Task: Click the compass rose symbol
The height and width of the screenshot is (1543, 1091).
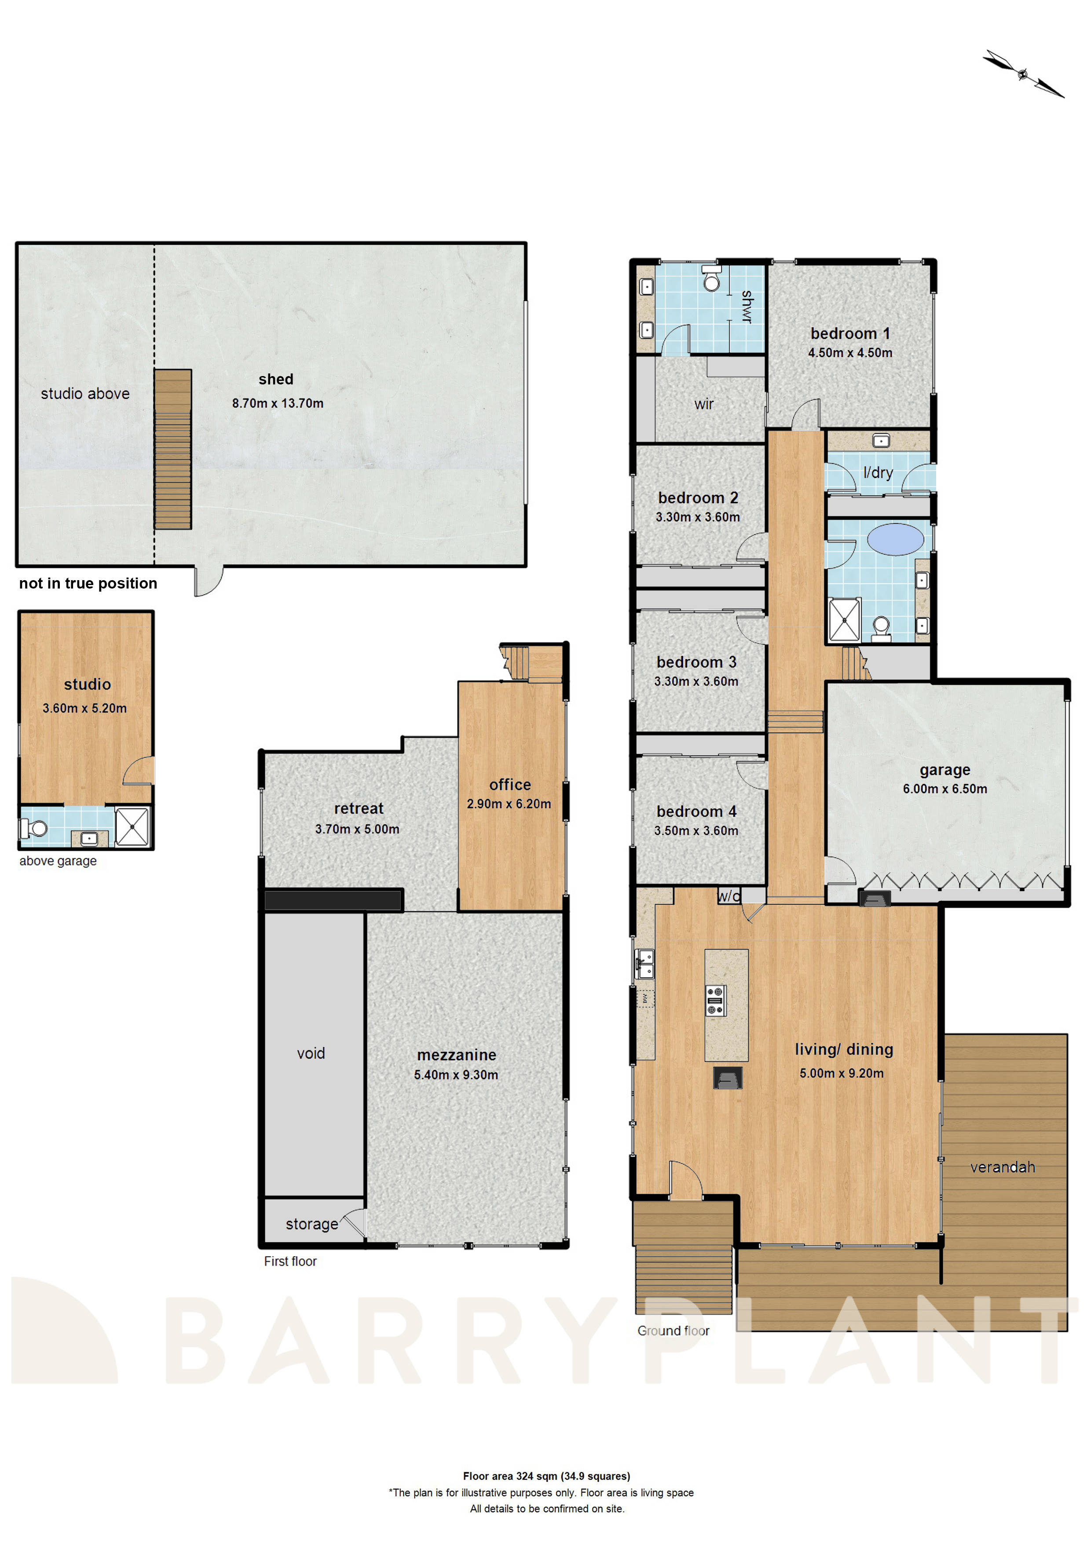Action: pos(1022,74)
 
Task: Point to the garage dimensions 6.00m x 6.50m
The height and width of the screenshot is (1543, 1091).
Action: pos(945,789)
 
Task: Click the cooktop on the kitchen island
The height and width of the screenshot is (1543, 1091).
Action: pos(715,1000)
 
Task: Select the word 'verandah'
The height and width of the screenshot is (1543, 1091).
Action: pos(1002,1167)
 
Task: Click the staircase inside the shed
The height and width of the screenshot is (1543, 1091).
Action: pos(173,449)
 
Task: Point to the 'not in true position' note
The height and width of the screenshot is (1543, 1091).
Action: pos(88,583)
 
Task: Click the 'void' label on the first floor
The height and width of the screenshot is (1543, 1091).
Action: pos(311,1053)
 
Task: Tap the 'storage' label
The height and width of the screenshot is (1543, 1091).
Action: pos(312,1224)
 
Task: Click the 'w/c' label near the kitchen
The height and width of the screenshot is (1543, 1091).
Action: pos(729,896)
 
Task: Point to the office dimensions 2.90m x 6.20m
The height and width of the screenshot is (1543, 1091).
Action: pos(509,804)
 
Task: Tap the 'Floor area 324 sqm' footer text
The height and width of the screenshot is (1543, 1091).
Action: pos(546,1477)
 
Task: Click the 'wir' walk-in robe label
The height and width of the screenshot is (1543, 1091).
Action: pos(704,404)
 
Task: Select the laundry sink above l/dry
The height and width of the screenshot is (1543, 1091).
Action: pos(881,440)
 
